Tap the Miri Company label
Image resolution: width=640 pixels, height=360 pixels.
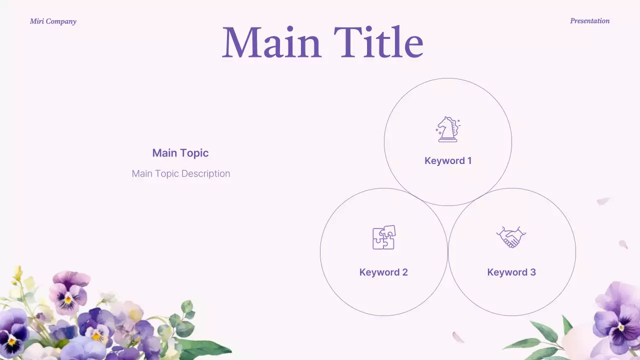click(x=53, y=21)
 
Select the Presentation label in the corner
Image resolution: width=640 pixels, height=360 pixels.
click(x=589, y=21)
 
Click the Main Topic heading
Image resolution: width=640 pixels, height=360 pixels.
click(x=180, y=153)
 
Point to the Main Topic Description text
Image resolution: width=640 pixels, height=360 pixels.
click(x=181, y=173)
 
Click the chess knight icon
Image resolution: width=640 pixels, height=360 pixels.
click(x=447, y=129)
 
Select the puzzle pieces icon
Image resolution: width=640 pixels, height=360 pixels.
click(x=383, y=237)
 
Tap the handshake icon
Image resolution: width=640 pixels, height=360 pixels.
click(x=511, y=237)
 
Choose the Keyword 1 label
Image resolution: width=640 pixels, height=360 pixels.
click(x=448, y=160)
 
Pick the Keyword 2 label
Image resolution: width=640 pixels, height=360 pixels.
click(x=383, y=272)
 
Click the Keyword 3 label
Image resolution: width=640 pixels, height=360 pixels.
click(x=511, y=272)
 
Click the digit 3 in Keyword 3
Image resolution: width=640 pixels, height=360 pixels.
click(x=532, y=272)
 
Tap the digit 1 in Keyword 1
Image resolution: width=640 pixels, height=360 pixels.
click(x=469, y=160)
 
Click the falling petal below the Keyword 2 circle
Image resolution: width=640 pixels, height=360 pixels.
click(x=458, y=337)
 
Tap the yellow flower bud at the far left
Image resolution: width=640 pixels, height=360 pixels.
click(x=18, y=272)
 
